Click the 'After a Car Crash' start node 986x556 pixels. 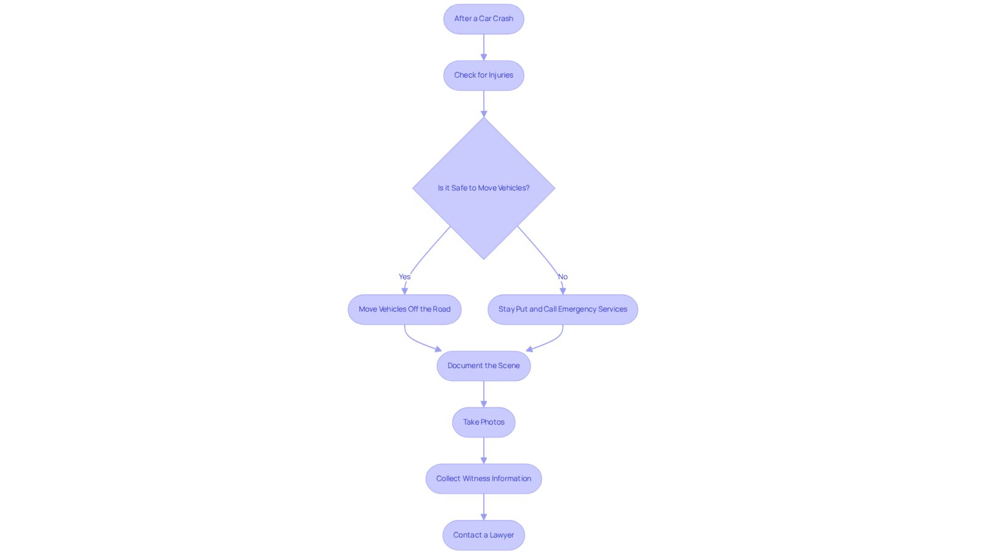pos(483,19)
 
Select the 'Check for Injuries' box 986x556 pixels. pos(483,75)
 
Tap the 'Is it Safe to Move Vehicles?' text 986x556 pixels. pos(483,188)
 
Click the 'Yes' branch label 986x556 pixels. pos(404,277)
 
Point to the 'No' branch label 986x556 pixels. pos(563,277)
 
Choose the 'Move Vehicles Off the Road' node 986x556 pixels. pos(404,309)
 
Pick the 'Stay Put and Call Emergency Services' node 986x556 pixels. pos(563,309)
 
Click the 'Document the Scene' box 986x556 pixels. pos(483,366)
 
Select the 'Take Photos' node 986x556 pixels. pos(483,422)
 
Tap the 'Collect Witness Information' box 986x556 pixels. pos(483,478)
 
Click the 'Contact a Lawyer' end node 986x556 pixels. pos(483,535)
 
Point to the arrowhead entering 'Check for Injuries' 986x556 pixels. pos(483,57)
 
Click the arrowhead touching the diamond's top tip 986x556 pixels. pos(483,114)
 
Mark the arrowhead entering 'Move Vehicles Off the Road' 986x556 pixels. pos(404,292)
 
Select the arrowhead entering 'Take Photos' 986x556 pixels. pos(483,404)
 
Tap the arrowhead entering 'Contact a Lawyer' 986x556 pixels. pos(483,517)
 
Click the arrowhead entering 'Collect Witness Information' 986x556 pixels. pos(483,460)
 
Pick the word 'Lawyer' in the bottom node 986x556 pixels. pos(502,535)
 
